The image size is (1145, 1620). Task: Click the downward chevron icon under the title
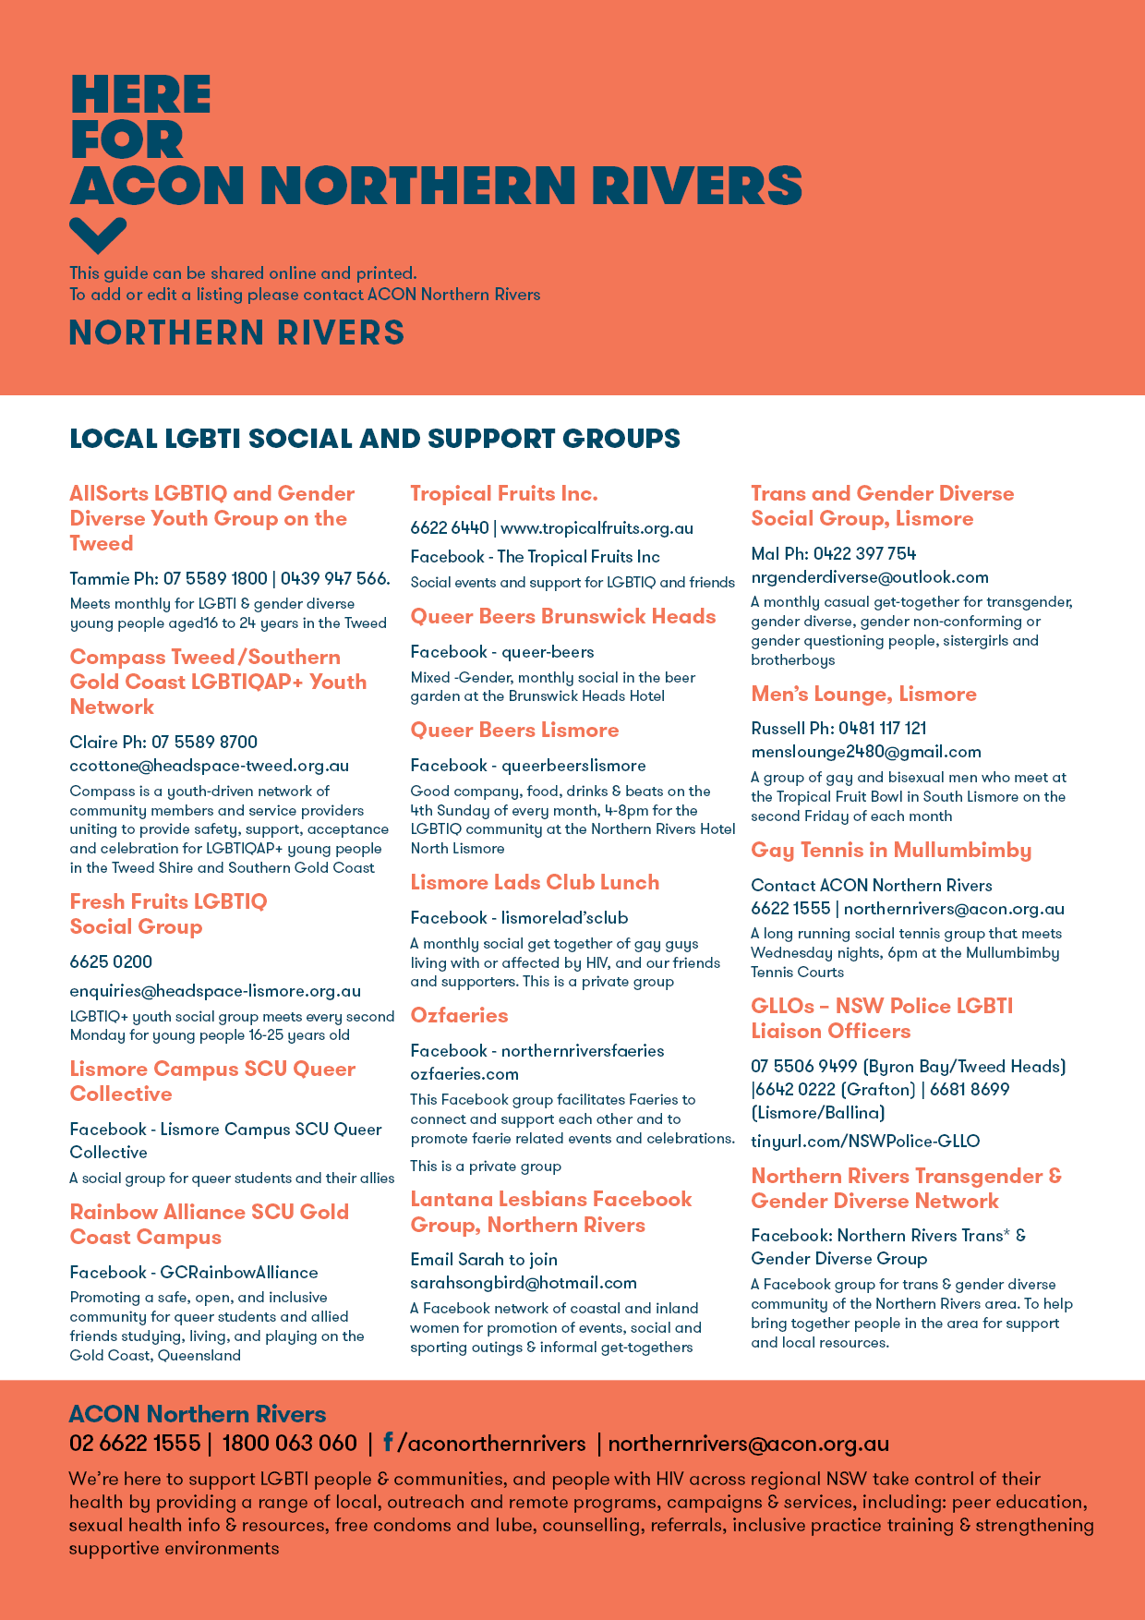tap(98, 236)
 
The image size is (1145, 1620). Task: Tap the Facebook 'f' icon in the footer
tap(388, 1443)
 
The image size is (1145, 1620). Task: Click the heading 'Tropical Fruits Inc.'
tap(504, 494)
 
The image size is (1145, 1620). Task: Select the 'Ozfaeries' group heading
tap(459, 1016)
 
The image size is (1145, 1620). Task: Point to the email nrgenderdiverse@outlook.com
tap(869, 577)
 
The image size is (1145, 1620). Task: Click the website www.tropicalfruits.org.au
tap(597, 528)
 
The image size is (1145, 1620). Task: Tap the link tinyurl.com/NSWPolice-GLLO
tap(865, 1141)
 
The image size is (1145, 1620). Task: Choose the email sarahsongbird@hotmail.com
tap(524, 1283)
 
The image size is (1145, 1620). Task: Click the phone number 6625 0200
tap(111, 961)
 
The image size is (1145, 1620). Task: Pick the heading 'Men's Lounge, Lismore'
tap(863, 695)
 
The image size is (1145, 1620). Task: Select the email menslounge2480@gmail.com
tap(865, 752)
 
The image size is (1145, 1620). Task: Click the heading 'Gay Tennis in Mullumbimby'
tap(891, 851)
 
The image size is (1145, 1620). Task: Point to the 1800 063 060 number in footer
tap(289, 1444)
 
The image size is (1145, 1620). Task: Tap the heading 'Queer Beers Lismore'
tap(514, 731)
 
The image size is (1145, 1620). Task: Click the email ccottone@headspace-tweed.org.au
tap(210, 766)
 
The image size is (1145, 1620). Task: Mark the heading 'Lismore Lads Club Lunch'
tap(535, 883)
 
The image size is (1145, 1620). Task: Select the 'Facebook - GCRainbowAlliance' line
tap(194, 1273)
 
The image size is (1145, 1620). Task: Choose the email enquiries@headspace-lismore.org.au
tap(215, 991)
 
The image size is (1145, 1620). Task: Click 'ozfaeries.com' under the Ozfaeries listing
tap(464, 1074)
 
